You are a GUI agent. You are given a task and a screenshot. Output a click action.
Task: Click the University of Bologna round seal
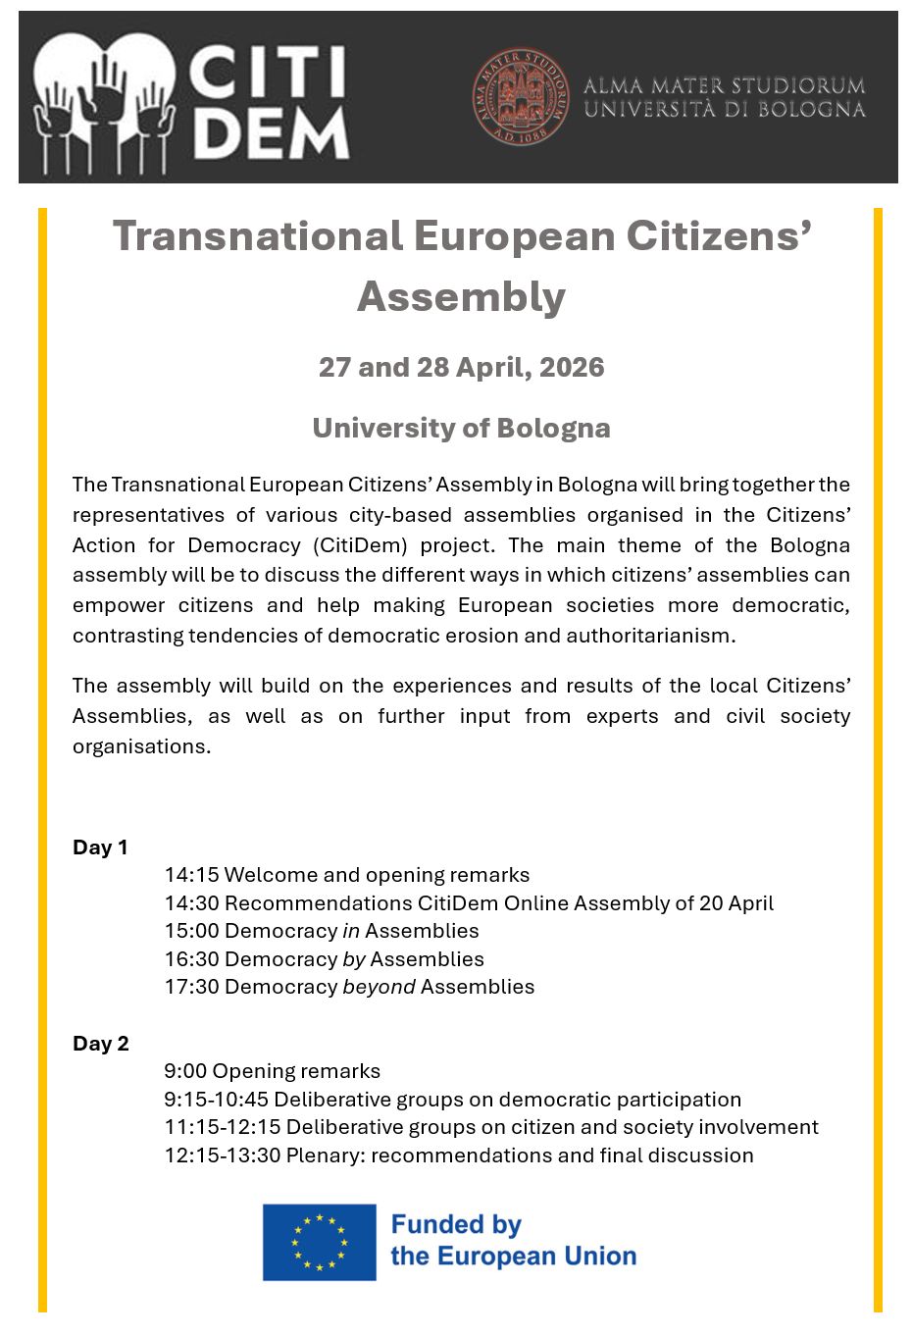[520, 96]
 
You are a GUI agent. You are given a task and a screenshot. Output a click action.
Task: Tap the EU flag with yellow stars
[319, 1242]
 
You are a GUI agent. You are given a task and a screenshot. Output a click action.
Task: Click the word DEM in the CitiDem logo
[270, 133]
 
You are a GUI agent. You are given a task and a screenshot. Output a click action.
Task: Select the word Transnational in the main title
[257, 236]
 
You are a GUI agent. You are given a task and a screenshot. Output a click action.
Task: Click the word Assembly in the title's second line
[461, 296]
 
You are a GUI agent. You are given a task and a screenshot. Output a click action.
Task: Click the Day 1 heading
[100, 847]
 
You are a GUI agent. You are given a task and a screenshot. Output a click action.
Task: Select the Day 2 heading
[100, 1044]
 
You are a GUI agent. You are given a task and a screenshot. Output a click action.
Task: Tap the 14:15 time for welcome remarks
[191, 875]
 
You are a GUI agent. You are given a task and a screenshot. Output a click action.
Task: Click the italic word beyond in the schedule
[379, 987]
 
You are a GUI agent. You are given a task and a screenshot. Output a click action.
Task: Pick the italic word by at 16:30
[354, 959]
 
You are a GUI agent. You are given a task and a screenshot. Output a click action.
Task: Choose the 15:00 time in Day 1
[191, 931]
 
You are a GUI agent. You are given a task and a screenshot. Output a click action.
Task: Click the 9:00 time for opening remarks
[185, 1071]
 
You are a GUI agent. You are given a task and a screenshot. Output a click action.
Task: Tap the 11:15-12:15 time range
[223, 1127]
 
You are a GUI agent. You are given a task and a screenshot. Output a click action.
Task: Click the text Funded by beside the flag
[456, 1225]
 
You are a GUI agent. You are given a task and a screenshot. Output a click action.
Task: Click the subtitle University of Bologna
[461, 429]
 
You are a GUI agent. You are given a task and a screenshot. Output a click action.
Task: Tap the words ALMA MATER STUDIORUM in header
[724, 85]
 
